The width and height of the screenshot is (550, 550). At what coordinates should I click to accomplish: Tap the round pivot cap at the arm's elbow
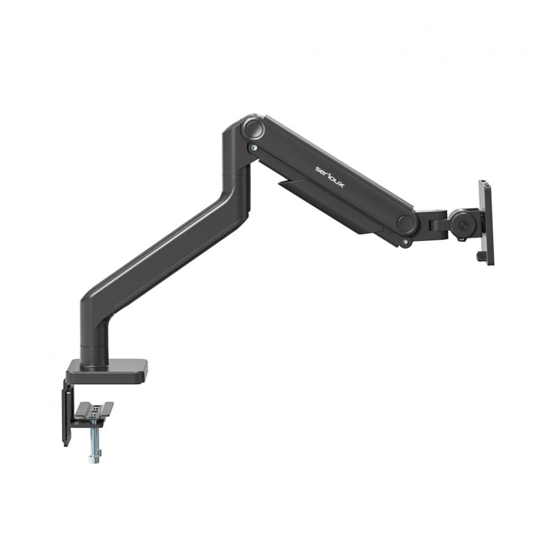pos(253,129)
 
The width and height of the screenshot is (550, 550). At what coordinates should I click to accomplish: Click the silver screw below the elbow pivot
pos(254,147)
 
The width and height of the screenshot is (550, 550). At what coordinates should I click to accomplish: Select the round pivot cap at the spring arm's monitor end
pos(406,223)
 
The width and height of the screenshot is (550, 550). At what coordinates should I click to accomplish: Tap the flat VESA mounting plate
pos(487,223)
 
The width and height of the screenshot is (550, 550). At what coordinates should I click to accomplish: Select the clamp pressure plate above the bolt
pos(95,410)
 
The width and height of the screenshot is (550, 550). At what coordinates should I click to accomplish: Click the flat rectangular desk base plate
pos(107,370)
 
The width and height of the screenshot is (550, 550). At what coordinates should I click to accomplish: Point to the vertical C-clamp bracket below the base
pos(68,413)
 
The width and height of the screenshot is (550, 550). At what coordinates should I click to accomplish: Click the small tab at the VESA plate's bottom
pos(479,256)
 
